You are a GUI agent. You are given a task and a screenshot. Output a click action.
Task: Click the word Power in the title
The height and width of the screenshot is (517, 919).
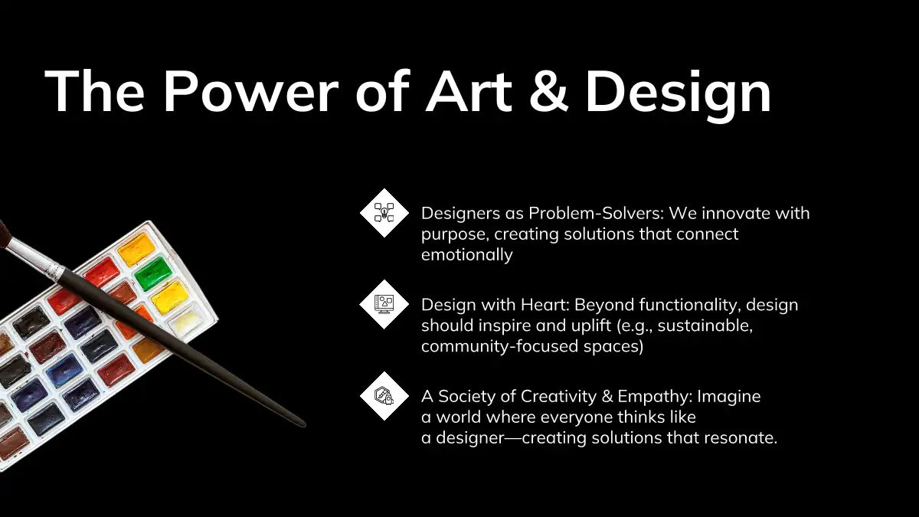pyautogui.click(x=250, y=90)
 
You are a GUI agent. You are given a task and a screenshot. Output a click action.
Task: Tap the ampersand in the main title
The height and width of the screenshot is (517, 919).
pyautogui.click(x=548, y=90)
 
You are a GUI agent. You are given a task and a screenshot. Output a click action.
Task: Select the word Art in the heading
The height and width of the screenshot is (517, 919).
pyautogui.click(x=469, y=90)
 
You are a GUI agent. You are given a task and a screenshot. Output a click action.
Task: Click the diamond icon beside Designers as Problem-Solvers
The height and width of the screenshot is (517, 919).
pyautogui.click(x=384, y=213)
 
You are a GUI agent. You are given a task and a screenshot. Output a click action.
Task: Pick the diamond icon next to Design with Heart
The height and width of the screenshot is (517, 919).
pyautogui.click(x=384, y=305)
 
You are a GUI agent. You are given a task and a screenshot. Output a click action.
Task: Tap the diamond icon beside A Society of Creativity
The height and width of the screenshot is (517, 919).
pyautogui.click(x=384, y=396)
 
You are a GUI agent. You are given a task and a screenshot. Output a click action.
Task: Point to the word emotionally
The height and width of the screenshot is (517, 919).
pyautogui.click(x=467, y=255)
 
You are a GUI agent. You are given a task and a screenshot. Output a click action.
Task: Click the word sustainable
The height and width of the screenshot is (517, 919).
pyautogui.click(x=705, y=326)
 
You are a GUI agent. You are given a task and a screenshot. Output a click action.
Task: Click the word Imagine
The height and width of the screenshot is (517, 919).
pyautogui.click(x=729, y=397)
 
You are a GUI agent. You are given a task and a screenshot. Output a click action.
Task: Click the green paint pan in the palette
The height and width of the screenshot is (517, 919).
pyautogui.click(x=153, y=273)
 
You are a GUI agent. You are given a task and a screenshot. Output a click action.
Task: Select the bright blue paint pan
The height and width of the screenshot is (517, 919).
pyautogui.click(x=64, y=371)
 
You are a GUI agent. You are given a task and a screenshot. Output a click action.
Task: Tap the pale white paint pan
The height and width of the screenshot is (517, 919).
pyautogui.click(x=186, y=322)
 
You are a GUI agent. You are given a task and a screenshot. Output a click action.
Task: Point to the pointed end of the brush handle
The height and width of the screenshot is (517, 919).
pyautogui.click(x=304, y=424)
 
